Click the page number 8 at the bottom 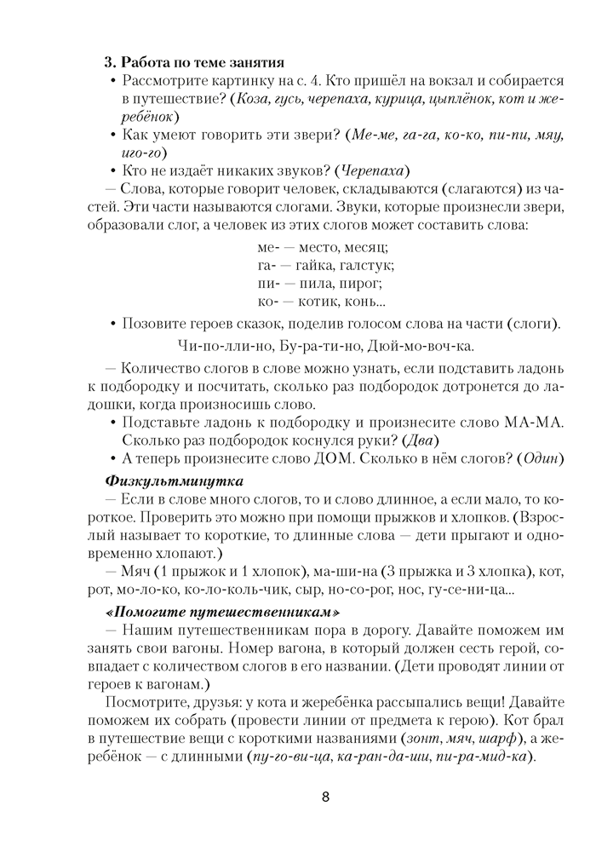325,797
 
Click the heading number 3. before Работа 109,61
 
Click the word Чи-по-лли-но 225,346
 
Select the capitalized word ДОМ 348,459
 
